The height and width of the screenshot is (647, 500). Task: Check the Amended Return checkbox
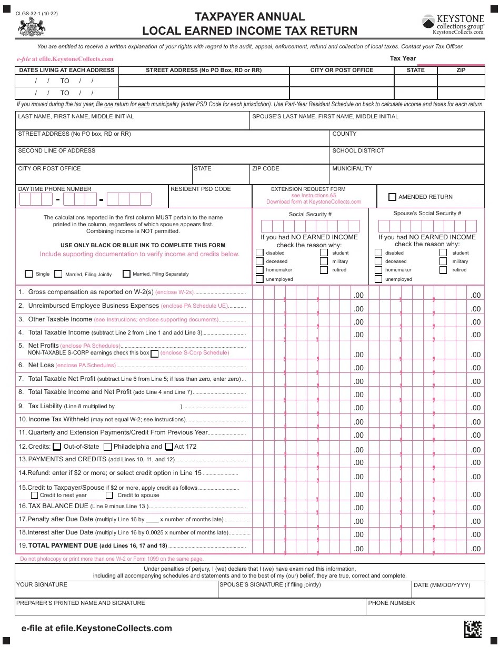pos(392,197)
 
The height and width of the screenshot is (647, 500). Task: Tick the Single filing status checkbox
pos(29,274)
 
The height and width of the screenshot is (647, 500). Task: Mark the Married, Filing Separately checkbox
pos(126,274)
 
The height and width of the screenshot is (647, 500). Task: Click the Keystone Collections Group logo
pos(453,24)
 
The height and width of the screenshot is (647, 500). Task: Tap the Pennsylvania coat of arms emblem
pos(32,26)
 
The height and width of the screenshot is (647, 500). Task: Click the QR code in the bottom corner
pos(473,629)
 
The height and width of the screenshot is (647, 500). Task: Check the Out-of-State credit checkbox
pos(57,447)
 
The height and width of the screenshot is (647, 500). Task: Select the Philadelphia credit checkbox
pos(107,447)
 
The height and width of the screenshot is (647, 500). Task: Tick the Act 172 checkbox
pos(169,447)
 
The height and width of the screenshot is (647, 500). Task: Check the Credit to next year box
pos(35,495)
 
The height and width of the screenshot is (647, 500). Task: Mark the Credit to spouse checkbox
pos(109,495)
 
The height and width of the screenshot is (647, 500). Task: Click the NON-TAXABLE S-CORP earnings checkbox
pos(155,353)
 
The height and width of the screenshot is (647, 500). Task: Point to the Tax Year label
pos(403,58)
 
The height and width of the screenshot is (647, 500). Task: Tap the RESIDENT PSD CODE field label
pos(201,189)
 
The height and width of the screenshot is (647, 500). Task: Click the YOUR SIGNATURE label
pos(42,584)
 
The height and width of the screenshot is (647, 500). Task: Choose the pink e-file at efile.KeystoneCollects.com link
pos(65,59)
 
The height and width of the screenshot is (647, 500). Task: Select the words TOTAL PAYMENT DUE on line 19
pos(63,545)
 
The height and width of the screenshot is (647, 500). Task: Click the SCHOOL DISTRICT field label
pos(358,150)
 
